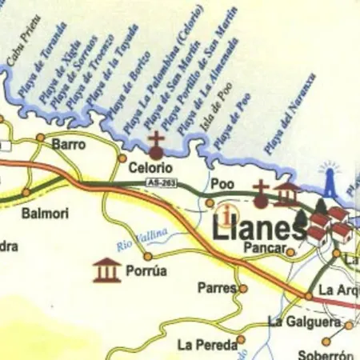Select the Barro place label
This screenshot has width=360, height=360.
coord(68,145)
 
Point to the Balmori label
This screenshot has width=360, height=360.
coord(45,214)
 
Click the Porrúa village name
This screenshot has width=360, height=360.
coord(146,271)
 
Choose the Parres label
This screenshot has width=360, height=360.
coord(218,287)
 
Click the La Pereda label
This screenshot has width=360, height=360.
coord(207,345)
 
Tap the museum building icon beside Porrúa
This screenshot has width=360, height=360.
coord(106,270)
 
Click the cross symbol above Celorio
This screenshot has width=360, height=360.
coord(156,145)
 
